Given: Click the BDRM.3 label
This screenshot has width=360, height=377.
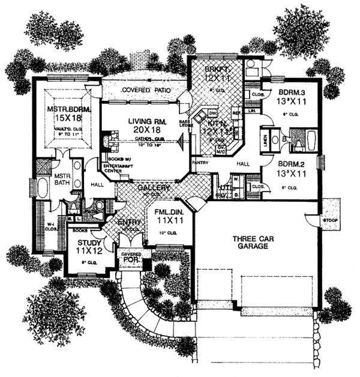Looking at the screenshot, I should click(292, 92).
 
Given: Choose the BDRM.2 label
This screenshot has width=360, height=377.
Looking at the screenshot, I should click(292, 162).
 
